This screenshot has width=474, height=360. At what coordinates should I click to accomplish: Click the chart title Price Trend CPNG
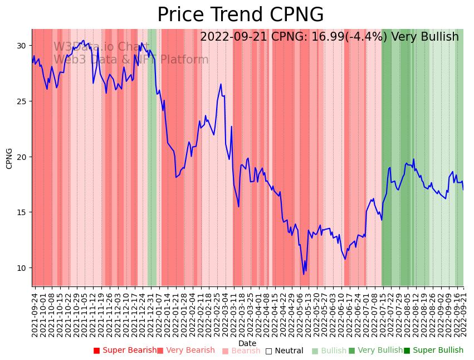tap(240, 15)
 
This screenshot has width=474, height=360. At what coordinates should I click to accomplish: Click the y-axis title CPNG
tap(9, 158)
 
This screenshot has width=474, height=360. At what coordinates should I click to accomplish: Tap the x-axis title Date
tap(247, 343)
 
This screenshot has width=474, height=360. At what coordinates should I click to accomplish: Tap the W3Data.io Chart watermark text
tap(101, 47)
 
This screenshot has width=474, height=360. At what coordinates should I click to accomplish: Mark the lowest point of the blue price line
tap(304, 274)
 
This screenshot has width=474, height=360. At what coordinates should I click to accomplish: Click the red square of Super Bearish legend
tap(96, 351)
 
